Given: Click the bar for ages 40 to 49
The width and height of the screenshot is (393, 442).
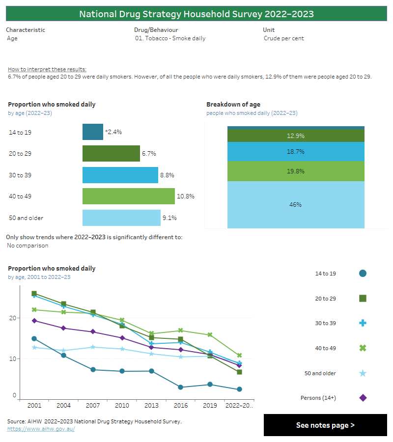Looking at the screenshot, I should (128, 196).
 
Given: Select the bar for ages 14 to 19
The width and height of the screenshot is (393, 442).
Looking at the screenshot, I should (92, 132).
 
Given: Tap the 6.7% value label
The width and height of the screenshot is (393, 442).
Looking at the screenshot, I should (149, 154).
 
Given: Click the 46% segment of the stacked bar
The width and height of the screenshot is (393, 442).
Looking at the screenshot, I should (295, 205).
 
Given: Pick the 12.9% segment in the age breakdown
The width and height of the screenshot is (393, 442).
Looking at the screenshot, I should (295, 136).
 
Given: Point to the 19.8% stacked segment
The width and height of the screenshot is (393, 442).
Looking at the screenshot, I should (295, 171).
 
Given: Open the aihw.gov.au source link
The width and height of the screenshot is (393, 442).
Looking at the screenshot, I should (41, 429).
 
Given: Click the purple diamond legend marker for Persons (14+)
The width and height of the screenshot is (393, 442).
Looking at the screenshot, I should (363, 398).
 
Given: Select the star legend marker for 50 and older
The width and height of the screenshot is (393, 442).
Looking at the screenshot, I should (363, 373).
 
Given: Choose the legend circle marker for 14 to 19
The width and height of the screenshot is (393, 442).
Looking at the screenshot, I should (363, 274).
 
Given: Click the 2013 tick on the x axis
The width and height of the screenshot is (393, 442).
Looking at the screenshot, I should (151, 406).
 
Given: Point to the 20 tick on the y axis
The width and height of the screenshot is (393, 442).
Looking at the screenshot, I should (13, 318).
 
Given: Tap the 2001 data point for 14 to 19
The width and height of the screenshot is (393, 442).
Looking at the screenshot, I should (34, 339).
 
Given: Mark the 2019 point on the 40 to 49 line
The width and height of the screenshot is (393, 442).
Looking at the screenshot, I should (210, 335).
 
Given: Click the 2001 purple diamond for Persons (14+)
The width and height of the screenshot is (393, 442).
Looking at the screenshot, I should (34, 321).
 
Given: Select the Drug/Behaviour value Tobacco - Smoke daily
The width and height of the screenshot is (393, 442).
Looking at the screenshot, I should (170, 38).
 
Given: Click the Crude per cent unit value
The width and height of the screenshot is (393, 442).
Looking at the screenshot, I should (283, 38).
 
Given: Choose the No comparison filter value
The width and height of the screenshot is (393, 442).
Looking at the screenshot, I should (28, 246).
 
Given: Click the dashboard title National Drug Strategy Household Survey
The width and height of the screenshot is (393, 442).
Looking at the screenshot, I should (196, 14).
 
